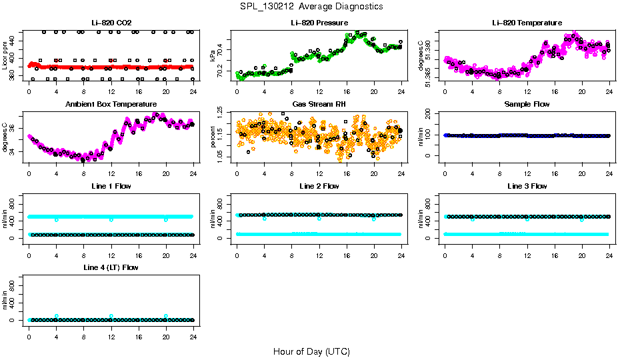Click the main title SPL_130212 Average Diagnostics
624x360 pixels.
click(x=312, y=6)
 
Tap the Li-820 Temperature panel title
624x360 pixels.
click(x=527, y=23)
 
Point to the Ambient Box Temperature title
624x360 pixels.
click(x=111, y=105)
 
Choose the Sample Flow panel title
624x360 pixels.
click(x=527, y=105)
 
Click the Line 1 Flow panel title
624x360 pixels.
click(x=111, y=186)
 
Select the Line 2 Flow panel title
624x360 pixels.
click(x=319, y=186)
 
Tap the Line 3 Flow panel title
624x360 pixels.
click(x=527, y=186)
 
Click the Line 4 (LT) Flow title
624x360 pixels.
click(x=111, y=267)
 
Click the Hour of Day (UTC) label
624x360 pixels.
click(x=311, y=351)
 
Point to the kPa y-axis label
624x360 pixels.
click(x=213, y=56)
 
